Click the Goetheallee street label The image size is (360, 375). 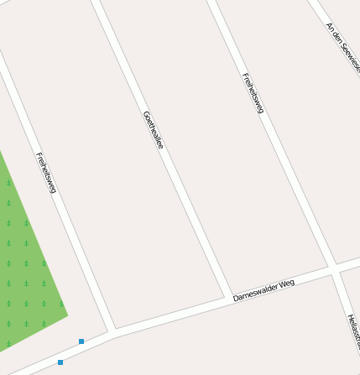click(153, 130)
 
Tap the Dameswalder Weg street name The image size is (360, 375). click(264, 290)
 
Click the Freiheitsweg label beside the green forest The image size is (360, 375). click(45, 173)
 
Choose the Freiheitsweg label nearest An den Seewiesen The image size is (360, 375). click(253, 93)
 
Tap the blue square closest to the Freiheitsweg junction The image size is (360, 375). click(81, 341)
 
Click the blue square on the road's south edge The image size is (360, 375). click(60, 362)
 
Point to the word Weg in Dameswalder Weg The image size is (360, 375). click(288, 284)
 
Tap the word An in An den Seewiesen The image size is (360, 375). click(329, 27)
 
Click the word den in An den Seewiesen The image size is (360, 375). click(337, 35)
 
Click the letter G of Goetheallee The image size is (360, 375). click(145, 114)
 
